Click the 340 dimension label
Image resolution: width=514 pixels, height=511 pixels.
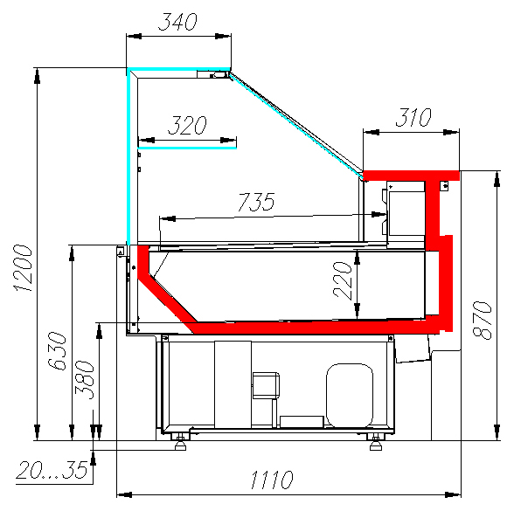coord(177,22)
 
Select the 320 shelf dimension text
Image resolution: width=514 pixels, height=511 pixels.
coord(187,125)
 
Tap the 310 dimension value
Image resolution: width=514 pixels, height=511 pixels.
coord(413,117)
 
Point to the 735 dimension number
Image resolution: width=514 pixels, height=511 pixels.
coord(256,202)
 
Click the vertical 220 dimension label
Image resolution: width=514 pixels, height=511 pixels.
coord(343,280)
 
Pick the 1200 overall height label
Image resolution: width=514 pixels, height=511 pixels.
coord(23,268)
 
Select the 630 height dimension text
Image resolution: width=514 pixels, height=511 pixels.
coord(57,351)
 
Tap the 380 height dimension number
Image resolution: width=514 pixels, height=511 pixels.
coord(84,380)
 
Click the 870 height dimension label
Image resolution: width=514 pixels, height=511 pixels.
coord(482,320)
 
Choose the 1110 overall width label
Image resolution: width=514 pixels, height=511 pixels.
coord(272,480)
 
